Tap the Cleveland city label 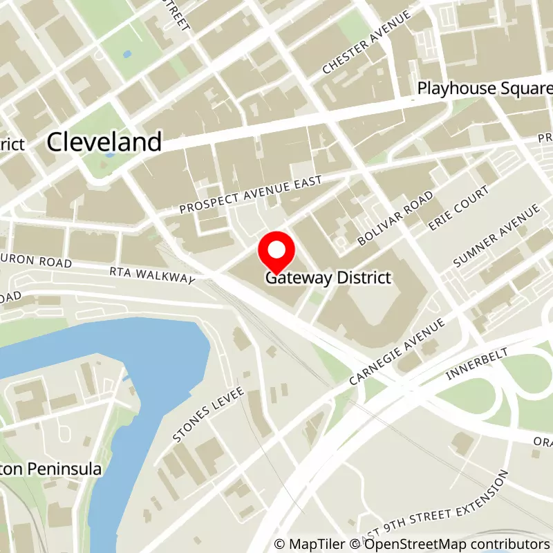click(104, 142)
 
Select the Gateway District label click(329, 278)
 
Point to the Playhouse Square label click(485, 89)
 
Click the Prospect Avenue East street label click(251, 194)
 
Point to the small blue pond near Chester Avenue click(126, 53)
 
